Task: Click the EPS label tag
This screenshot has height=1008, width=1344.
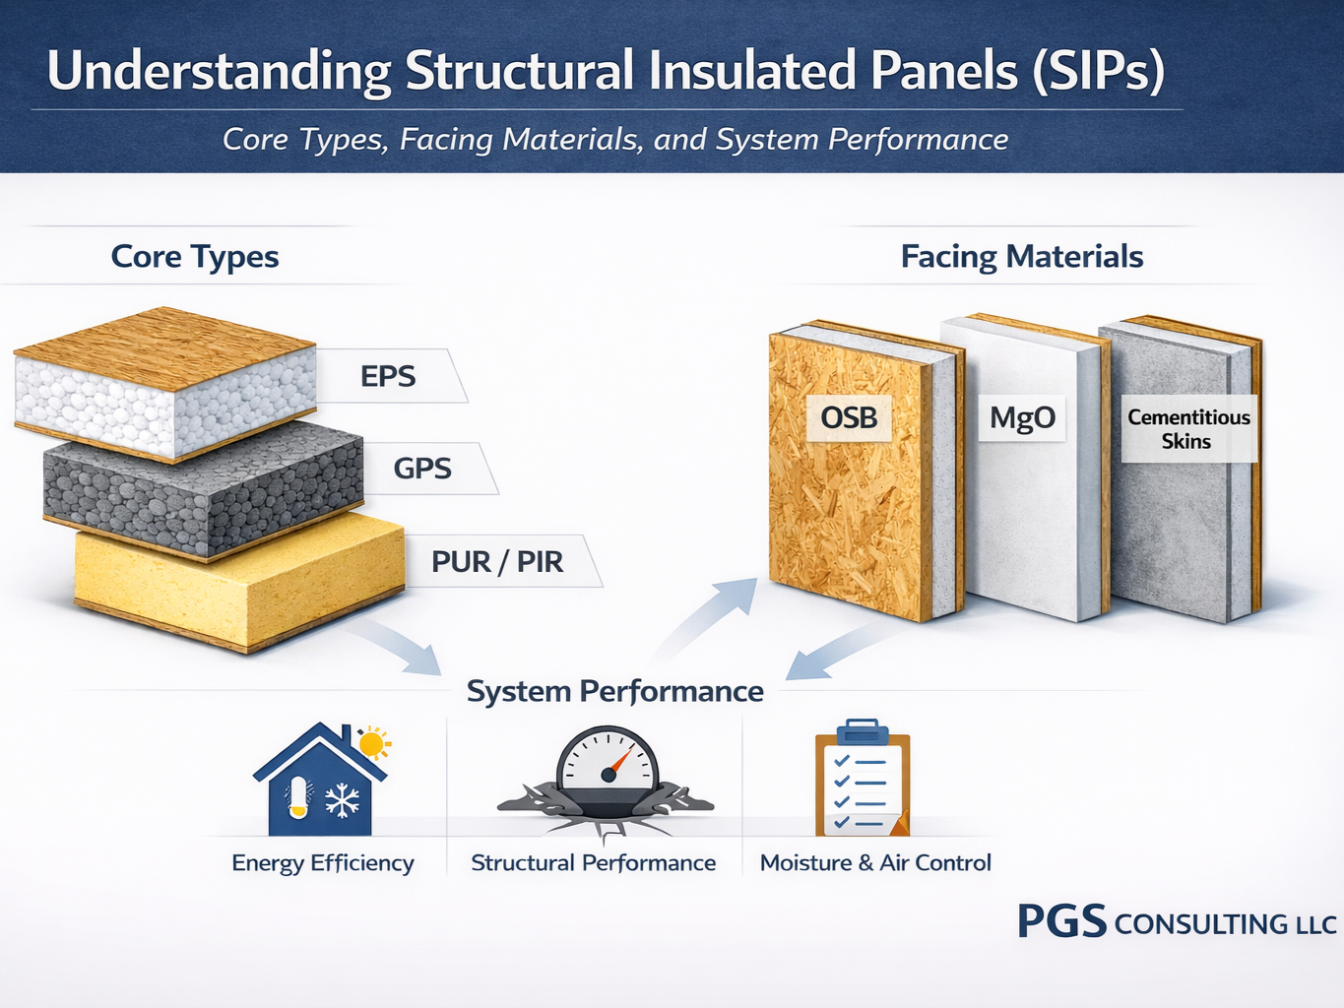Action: pyautogui.click(x=389, y=376)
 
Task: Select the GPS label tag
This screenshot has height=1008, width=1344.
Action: pyautogui.click(x=423, y=469)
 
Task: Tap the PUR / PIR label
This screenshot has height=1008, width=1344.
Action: pyautogui.click(x=497, y=562)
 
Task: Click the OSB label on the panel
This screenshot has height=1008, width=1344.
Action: pyautogui.click(x=849, y=417)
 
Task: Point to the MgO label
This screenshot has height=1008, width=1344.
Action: pyautogui.click(x=1022, y=417)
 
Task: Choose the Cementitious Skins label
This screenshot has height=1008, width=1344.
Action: pyautogui.click(x=1188, y=429)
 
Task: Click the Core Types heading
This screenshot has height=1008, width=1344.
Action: pyautogui.click(x=195, y=257)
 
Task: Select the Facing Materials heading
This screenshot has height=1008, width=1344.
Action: pyautogui.click(x=1022, y=257)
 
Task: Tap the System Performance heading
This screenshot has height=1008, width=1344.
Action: pyautogui.click(x=614, y=691)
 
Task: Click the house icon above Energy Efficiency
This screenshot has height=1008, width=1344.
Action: pyautogui.click(x=320, y=783)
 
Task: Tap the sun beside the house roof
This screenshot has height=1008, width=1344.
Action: pyautogui.click(x=373, y=743)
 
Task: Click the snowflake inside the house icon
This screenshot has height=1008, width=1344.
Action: pyautogui.click(x=343, y=801)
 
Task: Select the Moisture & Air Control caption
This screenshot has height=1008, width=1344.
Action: pyautogui.click(x=875, y=863)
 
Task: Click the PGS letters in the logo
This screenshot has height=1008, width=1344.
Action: pyautogui.click(x=1061, y=921)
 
